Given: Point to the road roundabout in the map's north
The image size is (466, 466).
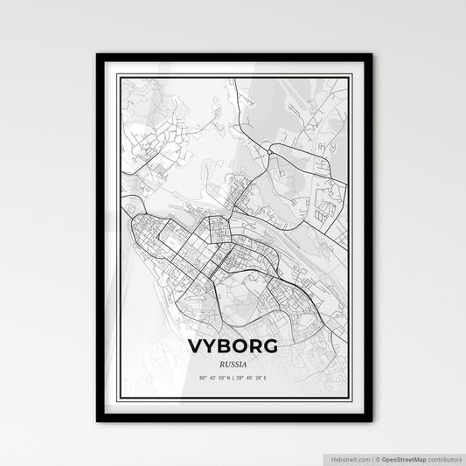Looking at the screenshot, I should [x=271, y=150].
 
